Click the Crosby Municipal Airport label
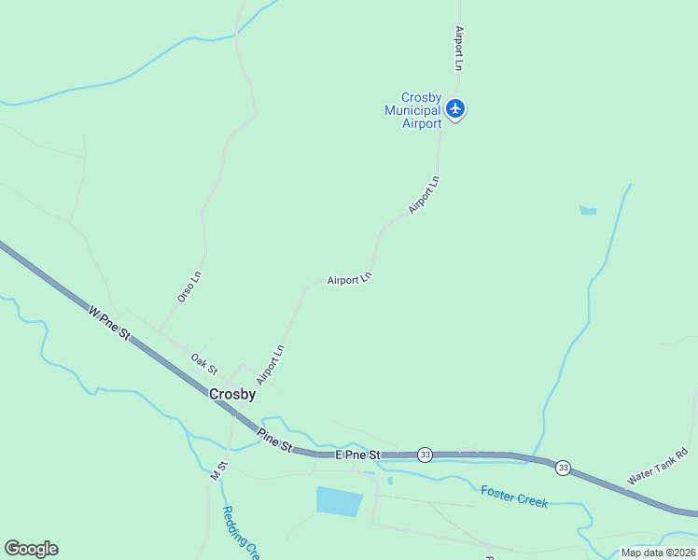412,110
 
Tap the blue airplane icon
455,109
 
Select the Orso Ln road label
189,286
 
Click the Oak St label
203,363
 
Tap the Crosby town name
232,394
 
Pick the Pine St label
273,440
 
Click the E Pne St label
358,455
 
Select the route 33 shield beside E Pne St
426,455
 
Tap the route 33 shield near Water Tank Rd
563,467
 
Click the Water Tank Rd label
656,465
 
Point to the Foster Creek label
514,496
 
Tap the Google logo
31,549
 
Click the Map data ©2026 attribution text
658,553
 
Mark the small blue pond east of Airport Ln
588,210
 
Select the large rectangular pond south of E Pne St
339,501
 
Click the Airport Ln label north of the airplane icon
458,49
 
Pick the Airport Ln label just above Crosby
271,365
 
